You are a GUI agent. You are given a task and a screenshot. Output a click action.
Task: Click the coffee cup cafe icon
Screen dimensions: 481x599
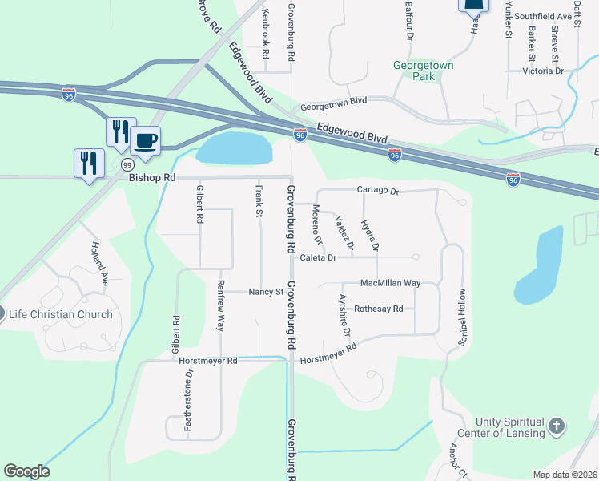click(145, 142)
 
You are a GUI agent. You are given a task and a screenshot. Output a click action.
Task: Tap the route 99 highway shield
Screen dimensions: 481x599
click(127, 164)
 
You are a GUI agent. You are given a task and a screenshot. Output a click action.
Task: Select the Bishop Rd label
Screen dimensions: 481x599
click(152, 177)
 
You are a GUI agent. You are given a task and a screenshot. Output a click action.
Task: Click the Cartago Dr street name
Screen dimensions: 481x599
click(377, 191)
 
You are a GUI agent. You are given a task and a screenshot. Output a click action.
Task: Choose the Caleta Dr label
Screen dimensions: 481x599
click(318, 257)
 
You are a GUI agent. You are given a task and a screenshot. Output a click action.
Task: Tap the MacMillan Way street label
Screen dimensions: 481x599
click(390, 283)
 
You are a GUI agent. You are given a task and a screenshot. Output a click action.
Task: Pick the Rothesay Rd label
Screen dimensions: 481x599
click(378, 309)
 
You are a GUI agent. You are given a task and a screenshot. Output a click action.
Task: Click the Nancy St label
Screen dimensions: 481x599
click(266, 292)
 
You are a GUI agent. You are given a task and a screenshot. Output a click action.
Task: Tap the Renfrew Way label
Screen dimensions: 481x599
click(220, 305)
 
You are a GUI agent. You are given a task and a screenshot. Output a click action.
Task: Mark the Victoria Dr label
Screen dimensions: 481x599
click(543, 71)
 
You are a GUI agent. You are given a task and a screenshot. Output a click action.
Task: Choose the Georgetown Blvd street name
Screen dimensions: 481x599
click(333, 107)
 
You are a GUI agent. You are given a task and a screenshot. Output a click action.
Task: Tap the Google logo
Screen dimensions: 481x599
click(26, 471)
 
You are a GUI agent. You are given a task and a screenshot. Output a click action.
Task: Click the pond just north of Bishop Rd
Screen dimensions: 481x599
click(234, 148)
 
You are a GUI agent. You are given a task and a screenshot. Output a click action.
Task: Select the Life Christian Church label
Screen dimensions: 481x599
click(60, 314)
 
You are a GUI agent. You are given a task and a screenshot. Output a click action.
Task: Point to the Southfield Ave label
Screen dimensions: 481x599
click(543, 15)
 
